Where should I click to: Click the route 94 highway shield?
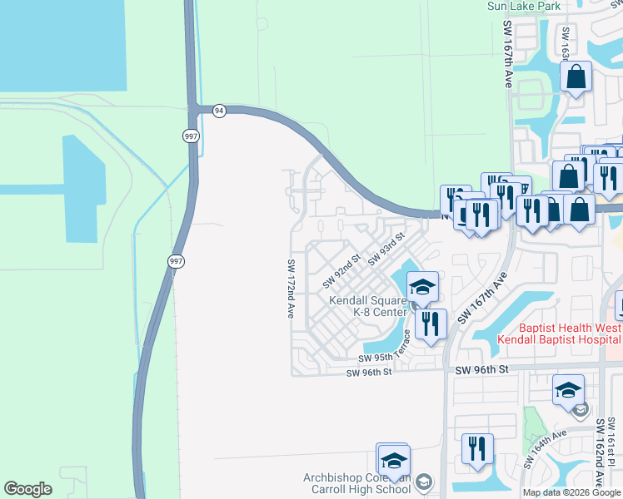[218, 111]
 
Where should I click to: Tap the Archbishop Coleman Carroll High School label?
[358, 483]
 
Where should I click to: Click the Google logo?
[27, 489]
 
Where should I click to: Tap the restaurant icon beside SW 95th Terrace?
[430, 324]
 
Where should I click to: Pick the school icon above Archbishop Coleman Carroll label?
[394, 459]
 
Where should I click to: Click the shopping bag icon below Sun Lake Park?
[576, 78]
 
